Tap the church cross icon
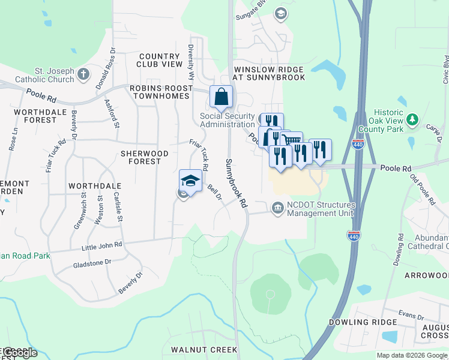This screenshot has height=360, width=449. (83, 74)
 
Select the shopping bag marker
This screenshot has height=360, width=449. (221, 96)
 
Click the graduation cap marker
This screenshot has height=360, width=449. (190, 181)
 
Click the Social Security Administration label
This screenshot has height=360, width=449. (227, 120)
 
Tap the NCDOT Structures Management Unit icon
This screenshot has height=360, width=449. (277, 208)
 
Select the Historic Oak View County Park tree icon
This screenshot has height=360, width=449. (412, 120)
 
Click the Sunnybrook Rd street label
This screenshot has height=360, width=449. (236, 184)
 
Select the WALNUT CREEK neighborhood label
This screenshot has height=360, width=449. (204, 349)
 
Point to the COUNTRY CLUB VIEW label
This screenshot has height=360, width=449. (159, 60)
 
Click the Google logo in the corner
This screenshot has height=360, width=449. (19, 353)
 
